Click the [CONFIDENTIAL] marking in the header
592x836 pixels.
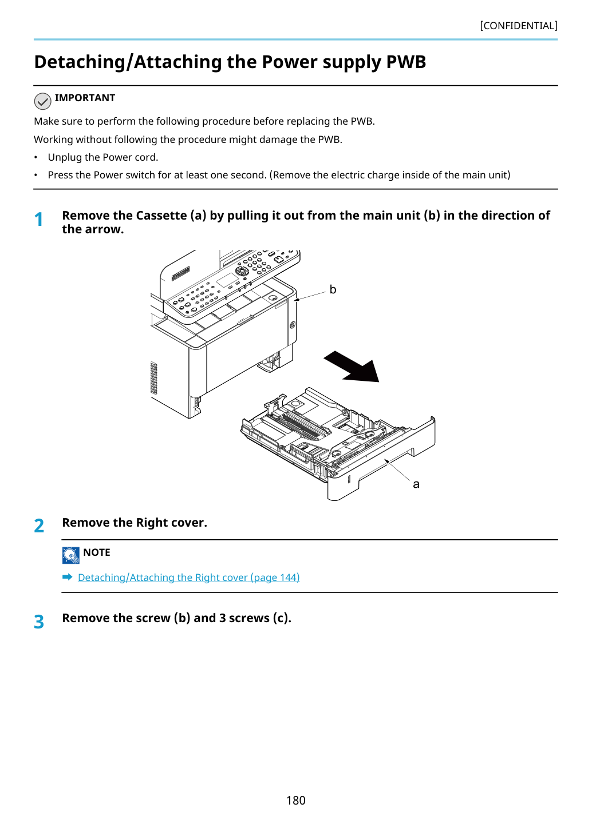(x=518, y=26)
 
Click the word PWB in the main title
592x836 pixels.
(x=405, y=62)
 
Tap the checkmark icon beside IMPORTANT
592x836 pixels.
(x=42, y=101)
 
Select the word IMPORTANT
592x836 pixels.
(x=85, y=98)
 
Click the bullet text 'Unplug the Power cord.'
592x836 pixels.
(x=103, y=157)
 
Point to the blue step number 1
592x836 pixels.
(x=38, y=219)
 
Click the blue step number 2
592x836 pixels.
(x=39, y=526)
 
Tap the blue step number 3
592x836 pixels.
(x=39, y=622)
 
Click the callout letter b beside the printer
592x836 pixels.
(x=333, y=289)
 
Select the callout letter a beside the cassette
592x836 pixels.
(x=416, y=484)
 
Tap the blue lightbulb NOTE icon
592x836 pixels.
(x=70, y=555)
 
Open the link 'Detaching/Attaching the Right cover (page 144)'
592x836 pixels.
(x=189, y=578)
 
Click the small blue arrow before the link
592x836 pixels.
(x=68, y=577)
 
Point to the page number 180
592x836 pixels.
(x=295, y=800)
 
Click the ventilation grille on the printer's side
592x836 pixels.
(x=153, y=378)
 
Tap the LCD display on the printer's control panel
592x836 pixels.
(x=227, y=280)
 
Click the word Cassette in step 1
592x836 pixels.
(x=161, y=216)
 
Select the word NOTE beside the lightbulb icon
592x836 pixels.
(x=97, y=552)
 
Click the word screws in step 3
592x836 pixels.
(x=249, y=618)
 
